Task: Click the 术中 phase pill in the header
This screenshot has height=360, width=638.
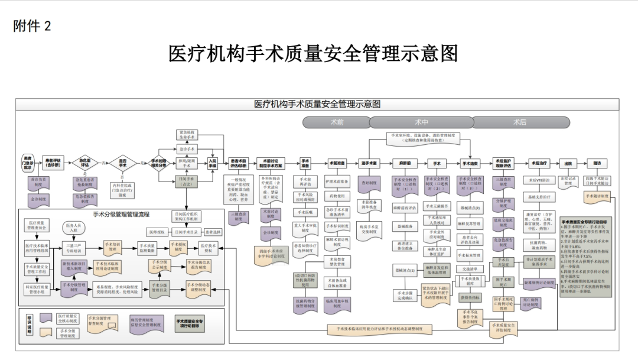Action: [x=421, y=122]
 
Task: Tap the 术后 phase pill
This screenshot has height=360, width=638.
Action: [x=520, y=122]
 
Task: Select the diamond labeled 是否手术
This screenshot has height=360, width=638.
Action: [x=122, y=162]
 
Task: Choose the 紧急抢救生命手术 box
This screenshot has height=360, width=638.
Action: [x=187, y=134]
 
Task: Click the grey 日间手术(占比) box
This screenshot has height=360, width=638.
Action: [x=187, y=181]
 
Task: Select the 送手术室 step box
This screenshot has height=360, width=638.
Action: [x=369, y=163]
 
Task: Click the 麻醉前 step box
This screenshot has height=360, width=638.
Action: [x=405, y=163]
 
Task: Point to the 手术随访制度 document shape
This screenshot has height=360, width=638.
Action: [x=598, y=196]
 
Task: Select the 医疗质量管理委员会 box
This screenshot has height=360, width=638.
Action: [x=36, y=226]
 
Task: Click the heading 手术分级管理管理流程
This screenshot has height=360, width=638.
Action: [x=121, y=214]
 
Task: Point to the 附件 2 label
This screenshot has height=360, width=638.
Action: [x=32, y=26]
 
